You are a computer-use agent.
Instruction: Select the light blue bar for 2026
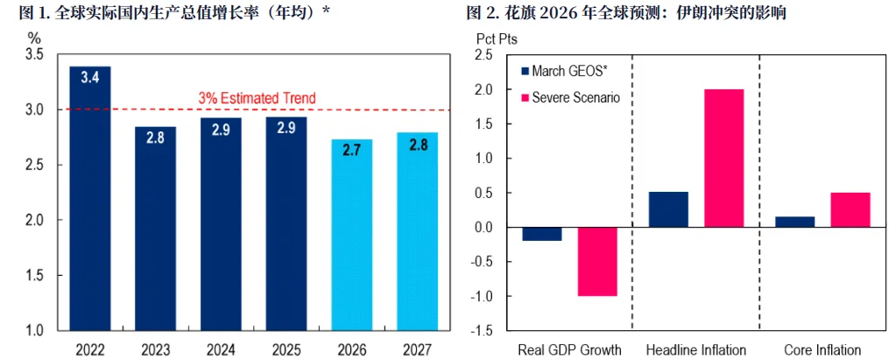[351, 234]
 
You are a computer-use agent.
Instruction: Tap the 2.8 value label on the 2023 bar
[155, 138]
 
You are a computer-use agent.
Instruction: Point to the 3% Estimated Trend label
[257, 98]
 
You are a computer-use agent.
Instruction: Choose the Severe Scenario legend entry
[570, 97]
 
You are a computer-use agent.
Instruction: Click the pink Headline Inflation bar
[722, 159]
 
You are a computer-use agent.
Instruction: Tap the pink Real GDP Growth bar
[596, 262]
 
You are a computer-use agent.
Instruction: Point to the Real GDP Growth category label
[569, 350]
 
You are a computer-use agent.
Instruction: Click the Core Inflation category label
[821, 350]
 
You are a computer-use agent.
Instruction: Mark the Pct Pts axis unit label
[496, 39]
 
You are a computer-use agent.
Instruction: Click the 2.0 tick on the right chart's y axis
[481, 89]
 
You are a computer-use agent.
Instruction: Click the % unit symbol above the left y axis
[34, 39]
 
